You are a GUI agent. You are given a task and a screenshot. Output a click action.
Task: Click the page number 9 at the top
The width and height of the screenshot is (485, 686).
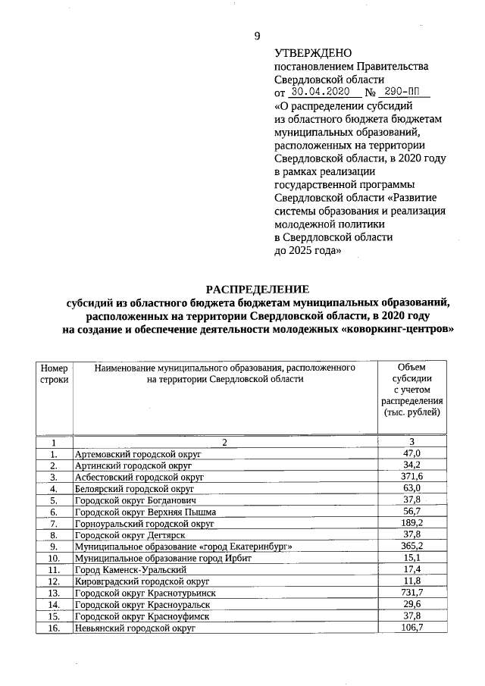tap(257, 36)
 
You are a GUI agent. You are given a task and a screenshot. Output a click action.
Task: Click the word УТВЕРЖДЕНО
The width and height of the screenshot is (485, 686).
tap(313, 53)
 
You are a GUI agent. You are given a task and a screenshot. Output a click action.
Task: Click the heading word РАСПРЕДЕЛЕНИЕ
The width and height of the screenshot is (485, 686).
tap(258, 289)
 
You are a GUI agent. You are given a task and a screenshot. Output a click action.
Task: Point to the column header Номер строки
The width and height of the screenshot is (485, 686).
tap(54, 374)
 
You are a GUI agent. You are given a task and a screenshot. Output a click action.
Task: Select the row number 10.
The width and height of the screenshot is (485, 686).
tap(54, 558)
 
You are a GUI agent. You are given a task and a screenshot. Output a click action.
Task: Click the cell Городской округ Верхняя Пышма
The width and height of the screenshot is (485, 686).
tap(145, 512)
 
